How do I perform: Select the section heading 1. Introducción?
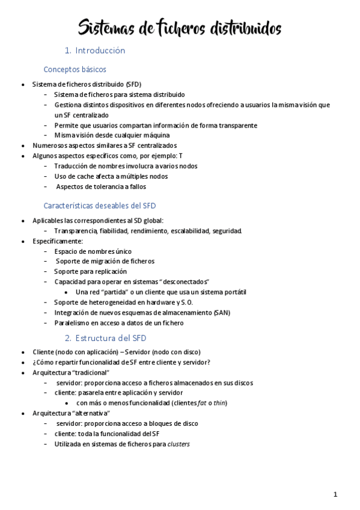(x=95, y=51)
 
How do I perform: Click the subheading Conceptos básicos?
(x=75, y=70)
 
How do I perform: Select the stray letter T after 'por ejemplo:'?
(x=181, y=156)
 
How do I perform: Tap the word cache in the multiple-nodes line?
(x=81, y=176)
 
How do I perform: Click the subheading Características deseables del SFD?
(x=100, y=206)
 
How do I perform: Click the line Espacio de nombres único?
(x=93, y=251)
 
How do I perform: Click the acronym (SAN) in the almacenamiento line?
(x=222, y=313)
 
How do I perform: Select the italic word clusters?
(x=179, y=444)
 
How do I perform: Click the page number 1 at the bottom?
(x=335, y=494)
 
